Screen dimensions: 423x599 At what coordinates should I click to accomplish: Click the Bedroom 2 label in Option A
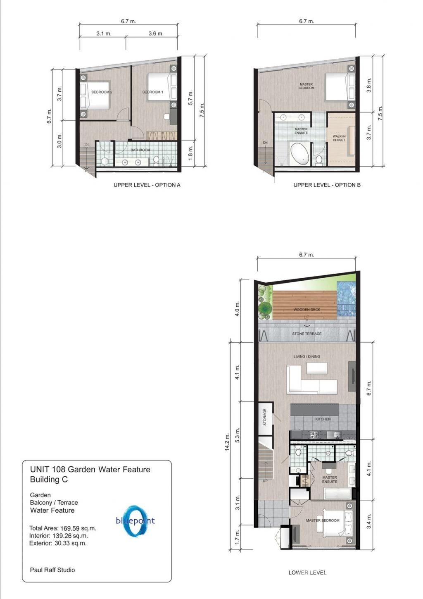102,92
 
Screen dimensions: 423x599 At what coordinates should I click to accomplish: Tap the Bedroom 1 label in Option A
152,92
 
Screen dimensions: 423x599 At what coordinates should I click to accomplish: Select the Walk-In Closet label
339,138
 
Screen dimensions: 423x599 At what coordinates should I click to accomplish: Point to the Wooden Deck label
307,309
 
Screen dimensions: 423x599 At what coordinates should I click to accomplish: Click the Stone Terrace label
307,334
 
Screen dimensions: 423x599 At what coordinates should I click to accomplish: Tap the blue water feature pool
346,300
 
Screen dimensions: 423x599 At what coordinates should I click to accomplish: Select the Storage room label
265,417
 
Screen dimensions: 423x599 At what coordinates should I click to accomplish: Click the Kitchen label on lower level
323,419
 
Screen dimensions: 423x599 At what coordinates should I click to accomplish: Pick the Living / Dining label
307,356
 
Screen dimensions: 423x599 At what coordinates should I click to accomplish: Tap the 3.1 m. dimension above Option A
104,33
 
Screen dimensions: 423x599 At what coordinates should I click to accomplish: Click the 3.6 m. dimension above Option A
156,33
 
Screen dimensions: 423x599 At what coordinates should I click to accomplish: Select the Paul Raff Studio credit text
52,570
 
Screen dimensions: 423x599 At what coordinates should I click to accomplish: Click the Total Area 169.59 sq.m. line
63,528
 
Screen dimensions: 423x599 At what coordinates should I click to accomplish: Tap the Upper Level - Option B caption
327,185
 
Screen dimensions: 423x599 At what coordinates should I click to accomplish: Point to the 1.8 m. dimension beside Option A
190,153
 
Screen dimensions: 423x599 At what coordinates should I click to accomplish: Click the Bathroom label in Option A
140,150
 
